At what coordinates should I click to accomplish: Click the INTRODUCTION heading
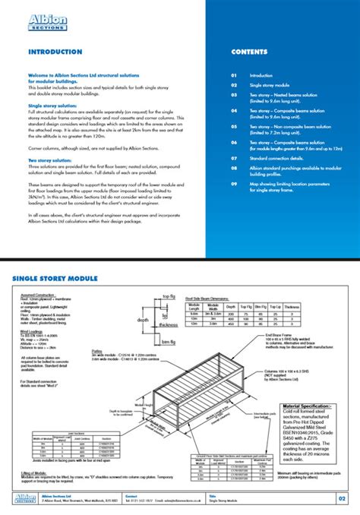tap(55, 52)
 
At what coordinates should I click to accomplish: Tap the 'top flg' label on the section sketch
tap(170, 296)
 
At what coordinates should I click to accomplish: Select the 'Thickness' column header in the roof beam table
tap(292, 307)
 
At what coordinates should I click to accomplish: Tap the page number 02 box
tap(342, 498)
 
